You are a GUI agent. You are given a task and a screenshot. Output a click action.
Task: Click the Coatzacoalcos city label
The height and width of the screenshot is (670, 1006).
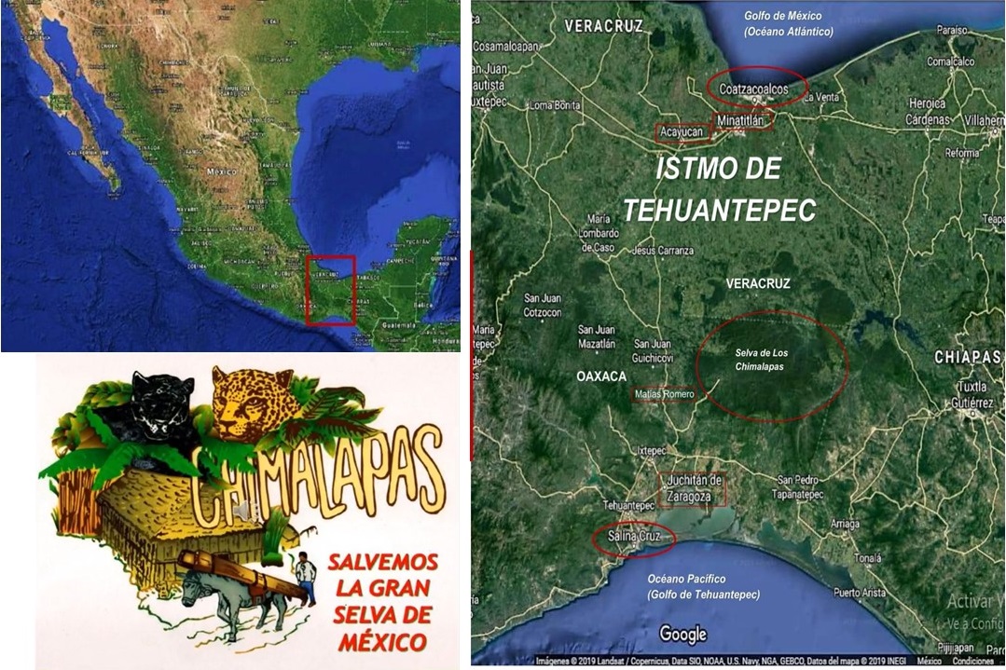tap(754, 88)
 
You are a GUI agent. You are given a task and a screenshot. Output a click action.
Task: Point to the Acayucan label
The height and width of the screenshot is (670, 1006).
tap(682, 132)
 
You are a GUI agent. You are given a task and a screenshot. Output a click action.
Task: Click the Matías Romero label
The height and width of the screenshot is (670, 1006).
tap(663, 394)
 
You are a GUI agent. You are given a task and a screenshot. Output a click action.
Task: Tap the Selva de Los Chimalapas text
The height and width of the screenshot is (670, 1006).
tap(759, 360)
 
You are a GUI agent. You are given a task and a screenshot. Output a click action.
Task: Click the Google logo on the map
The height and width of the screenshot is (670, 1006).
tap(682, 634)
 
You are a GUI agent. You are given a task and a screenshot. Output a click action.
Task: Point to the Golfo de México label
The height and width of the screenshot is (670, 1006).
tap(788, 23)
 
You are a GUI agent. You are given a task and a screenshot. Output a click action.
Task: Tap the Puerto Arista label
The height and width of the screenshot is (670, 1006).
tap(859, 593)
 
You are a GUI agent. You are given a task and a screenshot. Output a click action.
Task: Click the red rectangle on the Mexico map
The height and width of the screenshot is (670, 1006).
tap(331, 290)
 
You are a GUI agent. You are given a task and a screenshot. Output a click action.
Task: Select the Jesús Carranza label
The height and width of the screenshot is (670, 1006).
tap(662, 251)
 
